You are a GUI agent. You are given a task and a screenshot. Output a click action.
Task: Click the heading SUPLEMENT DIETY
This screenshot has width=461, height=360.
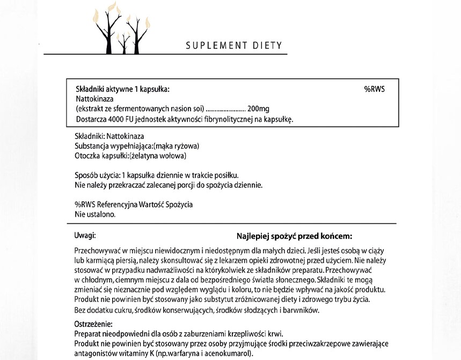[233, 45]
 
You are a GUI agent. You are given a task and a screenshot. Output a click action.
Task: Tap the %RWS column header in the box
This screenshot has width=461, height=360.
[374, 89]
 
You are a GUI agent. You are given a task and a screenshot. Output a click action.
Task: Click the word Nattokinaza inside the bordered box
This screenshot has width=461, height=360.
[94, 99]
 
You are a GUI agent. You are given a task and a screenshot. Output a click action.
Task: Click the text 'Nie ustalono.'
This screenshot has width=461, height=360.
[95, 214]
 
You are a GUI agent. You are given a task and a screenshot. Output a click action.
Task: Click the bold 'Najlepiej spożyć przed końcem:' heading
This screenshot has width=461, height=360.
[294, 236]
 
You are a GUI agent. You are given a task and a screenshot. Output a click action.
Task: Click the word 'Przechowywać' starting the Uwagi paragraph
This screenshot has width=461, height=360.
[96, 251]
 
